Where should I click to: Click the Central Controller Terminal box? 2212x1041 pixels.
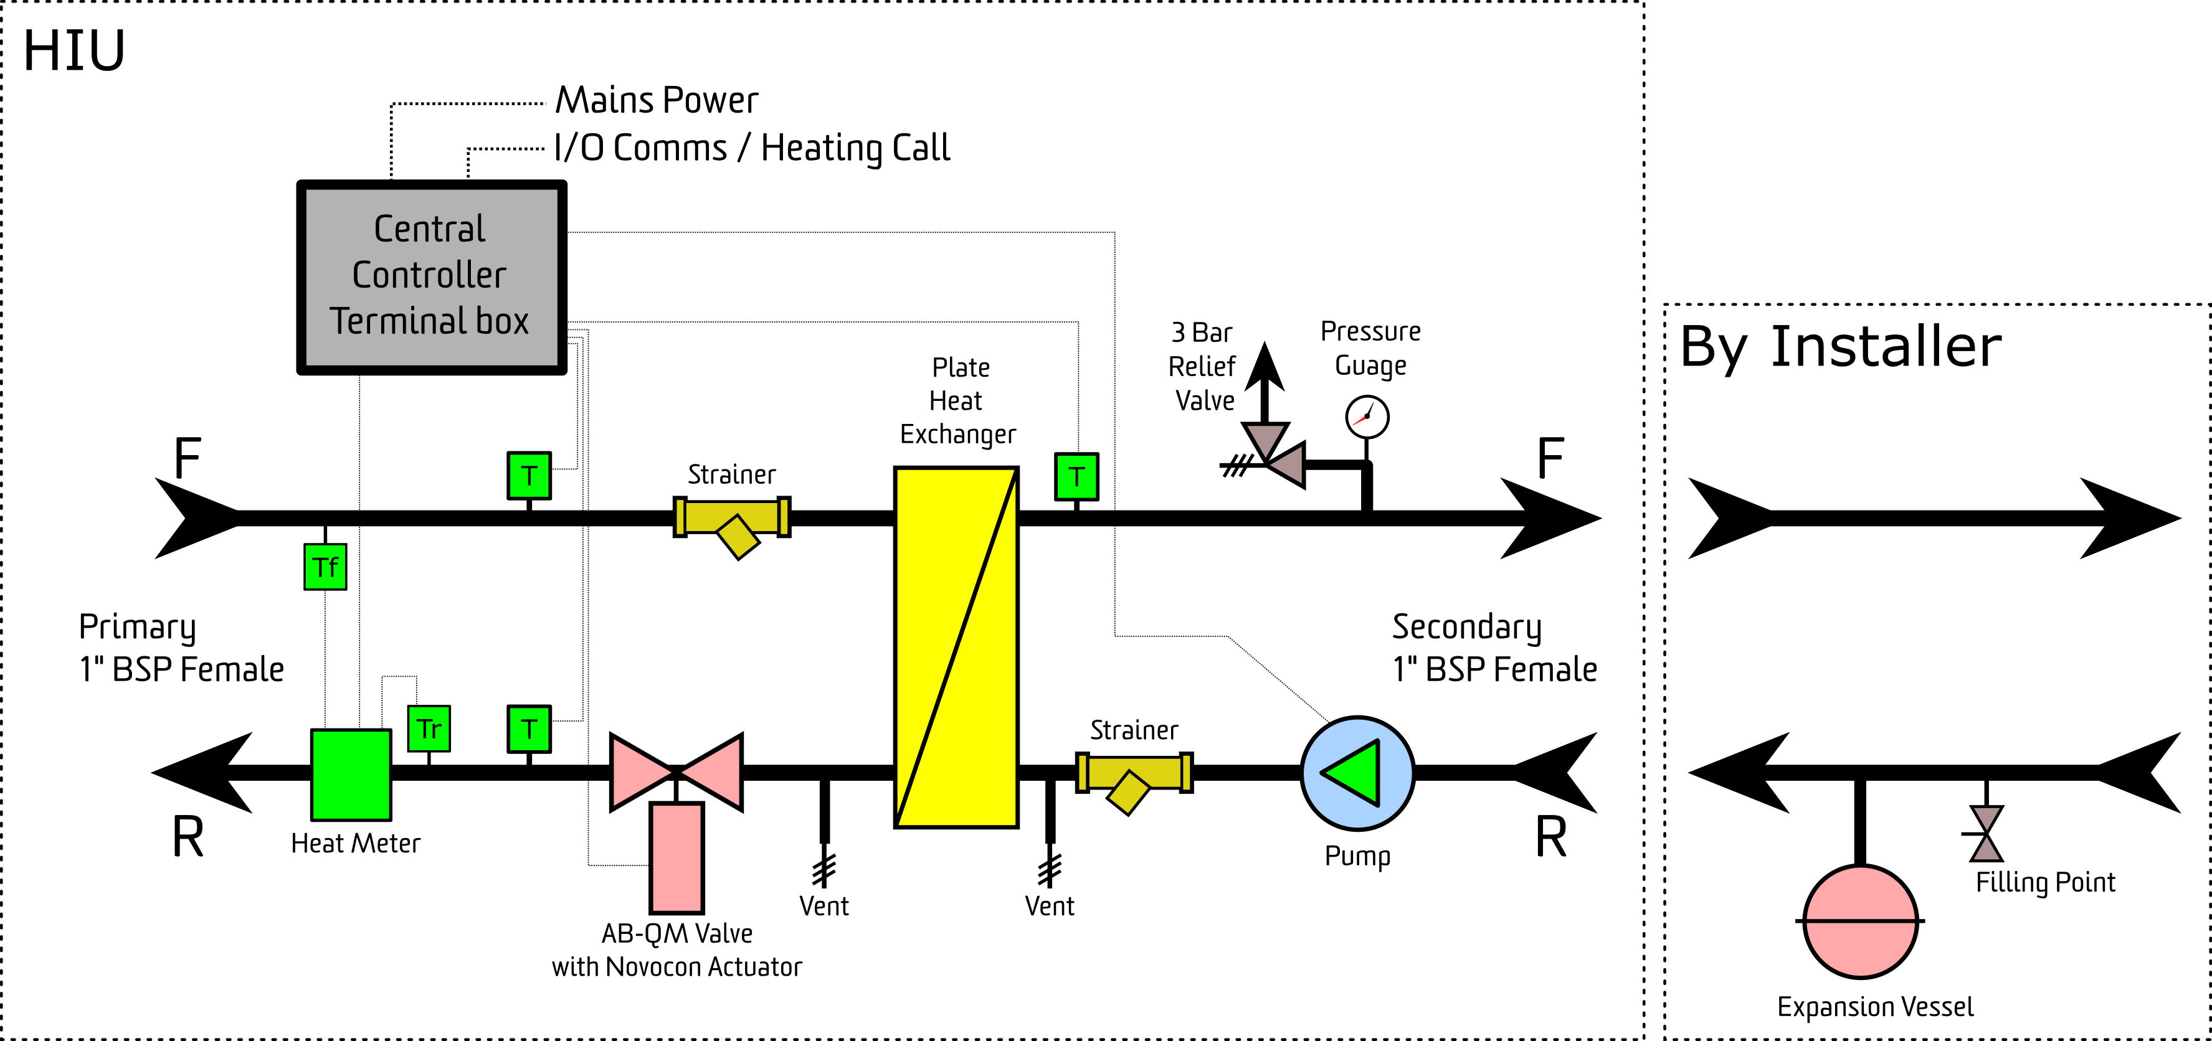431,277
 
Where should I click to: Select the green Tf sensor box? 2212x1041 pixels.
325,567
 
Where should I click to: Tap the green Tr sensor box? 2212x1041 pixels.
429,728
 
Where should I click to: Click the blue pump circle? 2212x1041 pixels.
1357,773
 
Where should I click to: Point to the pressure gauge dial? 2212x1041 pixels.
1367,417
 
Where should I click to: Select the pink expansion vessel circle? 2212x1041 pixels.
1860,921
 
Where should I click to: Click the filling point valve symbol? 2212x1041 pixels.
1986,833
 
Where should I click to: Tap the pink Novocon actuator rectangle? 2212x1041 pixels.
676,857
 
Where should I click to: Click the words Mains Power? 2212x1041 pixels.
657,100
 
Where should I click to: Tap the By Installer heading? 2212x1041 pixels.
1841,347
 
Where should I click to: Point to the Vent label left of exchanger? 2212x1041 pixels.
824,907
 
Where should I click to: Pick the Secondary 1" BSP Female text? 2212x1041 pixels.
1494,649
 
